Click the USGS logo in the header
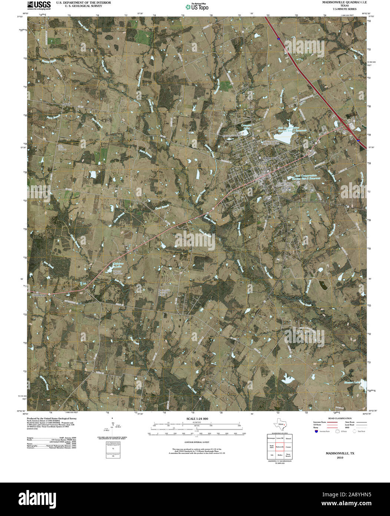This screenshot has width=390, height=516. click(39, 5)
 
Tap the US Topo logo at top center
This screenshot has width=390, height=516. click(197, 6)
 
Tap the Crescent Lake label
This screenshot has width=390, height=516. click(245, 127)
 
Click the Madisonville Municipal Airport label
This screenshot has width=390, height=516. click(164, 293)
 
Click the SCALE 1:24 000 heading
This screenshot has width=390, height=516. click(197, 419)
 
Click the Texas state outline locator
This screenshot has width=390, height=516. click(280, 424)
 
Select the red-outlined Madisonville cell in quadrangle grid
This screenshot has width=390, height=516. click(280, 447)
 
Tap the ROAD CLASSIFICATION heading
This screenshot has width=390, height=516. click(337, 418)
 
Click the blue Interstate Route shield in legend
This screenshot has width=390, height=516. click(316, 431)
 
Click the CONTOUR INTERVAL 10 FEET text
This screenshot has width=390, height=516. click(197, 442)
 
